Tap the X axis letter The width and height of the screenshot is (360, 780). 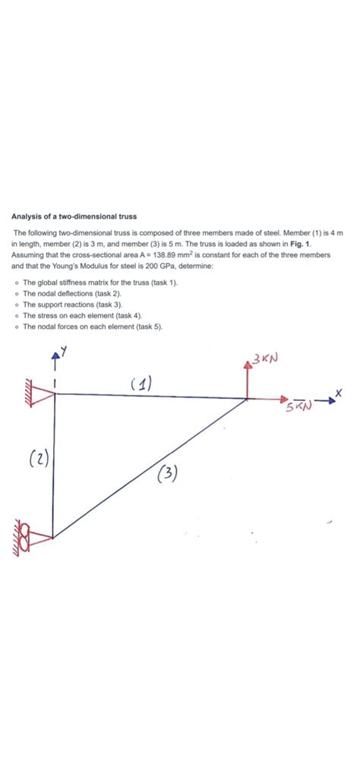(339, 392)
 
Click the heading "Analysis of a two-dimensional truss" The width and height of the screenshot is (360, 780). (74, 216)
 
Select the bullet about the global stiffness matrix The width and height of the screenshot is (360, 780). (99, 282)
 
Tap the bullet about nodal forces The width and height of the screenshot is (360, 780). (92, 326)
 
